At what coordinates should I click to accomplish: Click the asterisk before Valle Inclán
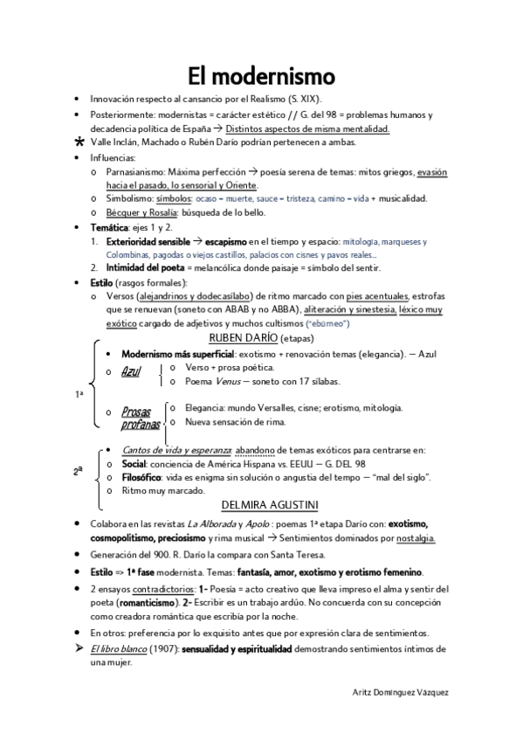click(80, 142)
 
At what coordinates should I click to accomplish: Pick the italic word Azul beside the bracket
click(131, 372)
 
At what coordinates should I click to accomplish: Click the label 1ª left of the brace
click(79, 394)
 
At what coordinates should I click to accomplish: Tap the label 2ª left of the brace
click(79, 470)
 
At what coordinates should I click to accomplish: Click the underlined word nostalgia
click(416, 538)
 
